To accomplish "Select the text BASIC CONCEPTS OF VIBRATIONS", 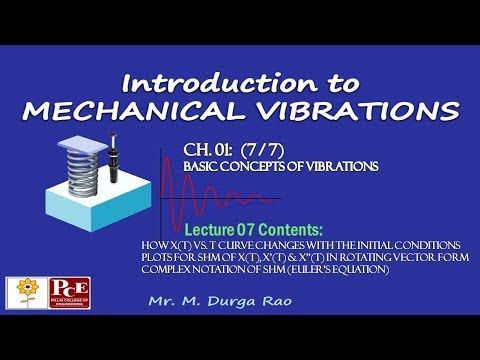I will pyautogui.click(x=280, y=166).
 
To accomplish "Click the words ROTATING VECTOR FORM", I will pyautogui.click(x=378, y=257).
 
